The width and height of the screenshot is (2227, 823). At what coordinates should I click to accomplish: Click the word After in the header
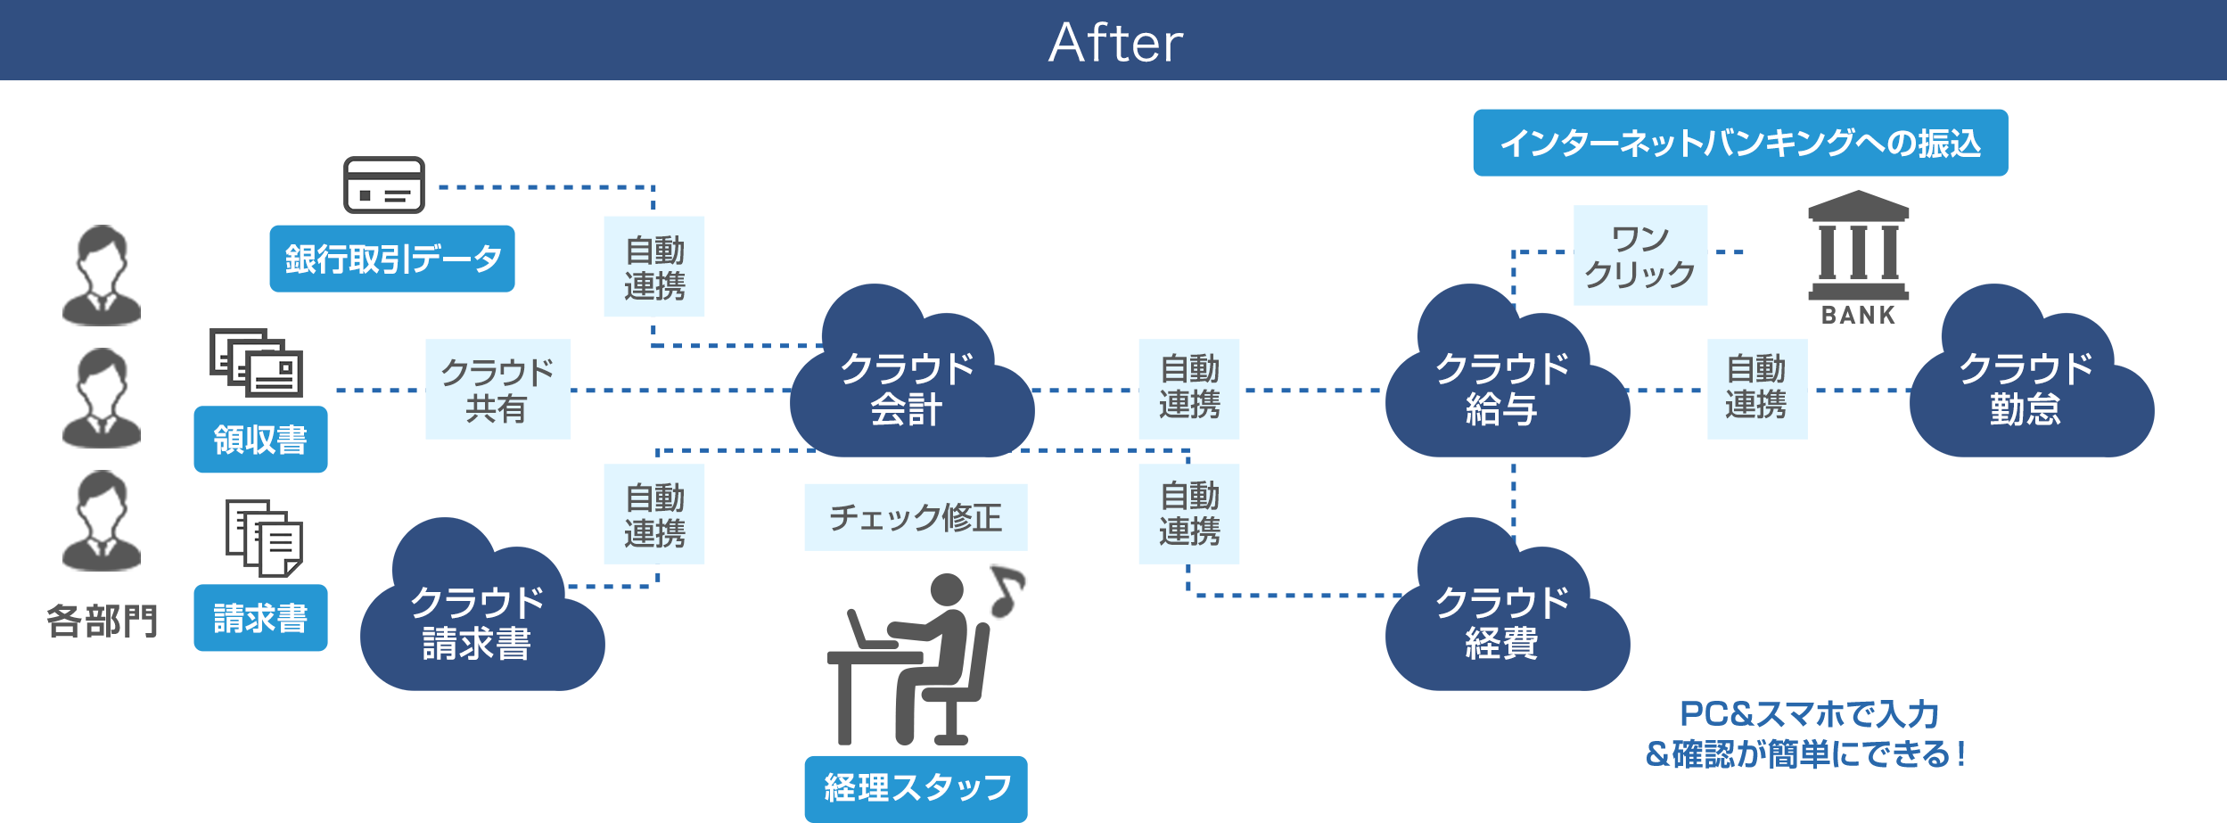tap(1115, 43)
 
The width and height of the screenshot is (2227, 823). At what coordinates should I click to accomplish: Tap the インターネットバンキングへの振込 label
tap(1739, 143)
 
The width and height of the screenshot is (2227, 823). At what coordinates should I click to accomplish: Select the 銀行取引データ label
tap(392, 259)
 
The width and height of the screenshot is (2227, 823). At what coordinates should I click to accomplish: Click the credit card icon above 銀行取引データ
tap(384, 185)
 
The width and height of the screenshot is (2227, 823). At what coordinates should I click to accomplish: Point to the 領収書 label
tap(260, 440)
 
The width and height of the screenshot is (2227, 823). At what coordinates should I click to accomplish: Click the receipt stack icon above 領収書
tap(257, 363)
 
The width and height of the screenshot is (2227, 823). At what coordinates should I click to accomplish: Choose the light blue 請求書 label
tap(260, 618)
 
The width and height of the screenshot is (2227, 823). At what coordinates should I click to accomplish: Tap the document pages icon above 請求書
tap(264, 538)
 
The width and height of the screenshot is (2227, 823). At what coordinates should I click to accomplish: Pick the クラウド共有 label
tap(497, 390)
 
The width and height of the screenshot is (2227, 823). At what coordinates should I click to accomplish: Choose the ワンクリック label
tap(1640, 256)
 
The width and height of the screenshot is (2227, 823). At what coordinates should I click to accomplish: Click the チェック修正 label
tap(916, 517)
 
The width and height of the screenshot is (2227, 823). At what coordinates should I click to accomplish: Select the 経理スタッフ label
tap(916, 788)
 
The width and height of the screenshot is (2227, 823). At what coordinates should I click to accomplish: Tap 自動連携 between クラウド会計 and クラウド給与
tap(1189, 388)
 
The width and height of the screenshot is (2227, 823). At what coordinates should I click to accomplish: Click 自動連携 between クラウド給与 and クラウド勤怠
tap(1756, 388)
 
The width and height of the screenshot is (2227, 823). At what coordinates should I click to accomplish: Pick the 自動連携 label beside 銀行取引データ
tap(654, 267)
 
